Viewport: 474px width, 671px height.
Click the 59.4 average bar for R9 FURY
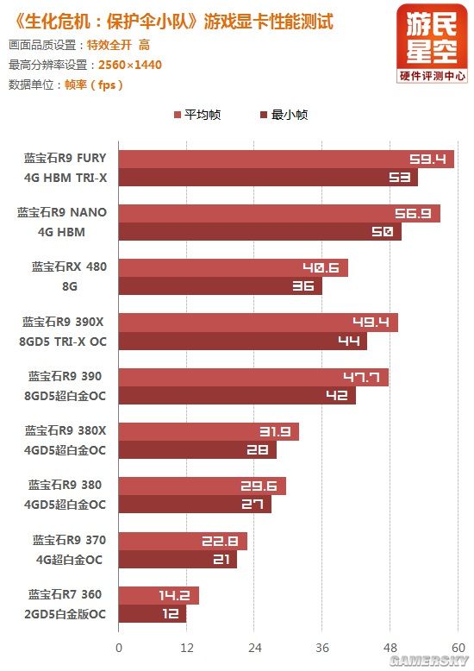(284, 159)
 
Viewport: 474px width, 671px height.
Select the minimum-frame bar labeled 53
(267, 178)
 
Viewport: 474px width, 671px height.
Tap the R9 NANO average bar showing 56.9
(278, 213)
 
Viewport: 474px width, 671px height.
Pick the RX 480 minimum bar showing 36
(220, 286)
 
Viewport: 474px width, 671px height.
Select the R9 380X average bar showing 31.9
(208, 431)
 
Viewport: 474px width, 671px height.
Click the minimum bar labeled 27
(194, 505)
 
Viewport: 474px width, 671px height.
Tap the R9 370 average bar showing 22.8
(183, 541)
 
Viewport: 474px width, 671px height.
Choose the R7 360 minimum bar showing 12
(152, 614)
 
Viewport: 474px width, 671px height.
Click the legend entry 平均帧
(197, 115)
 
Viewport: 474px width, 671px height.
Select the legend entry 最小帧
(284, 115)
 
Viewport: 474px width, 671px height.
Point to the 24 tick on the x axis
(254, 648)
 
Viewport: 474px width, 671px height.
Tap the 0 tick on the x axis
(119, 648)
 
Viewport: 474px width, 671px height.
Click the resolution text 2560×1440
(130, 65)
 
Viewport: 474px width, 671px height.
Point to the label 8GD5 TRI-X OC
(63, 341)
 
